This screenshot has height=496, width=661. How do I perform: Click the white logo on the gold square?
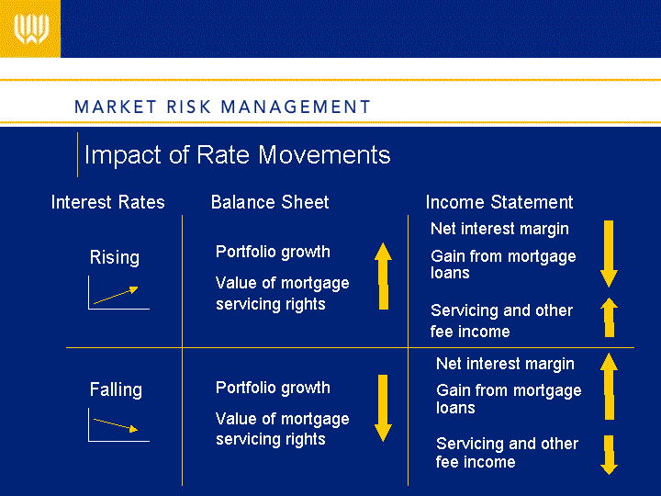pos(31,28)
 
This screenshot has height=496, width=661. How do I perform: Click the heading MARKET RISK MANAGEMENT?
pos(222,107)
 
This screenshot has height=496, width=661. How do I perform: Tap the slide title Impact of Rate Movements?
pos(238,155)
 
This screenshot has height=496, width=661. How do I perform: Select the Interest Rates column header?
pos(108,202)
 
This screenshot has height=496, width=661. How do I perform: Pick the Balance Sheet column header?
pos(270,202)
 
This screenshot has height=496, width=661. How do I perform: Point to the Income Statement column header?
pos(499,202)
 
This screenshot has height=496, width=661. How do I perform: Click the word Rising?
pos(114,257)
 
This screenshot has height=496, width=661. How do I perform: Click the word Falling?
pos(116,389)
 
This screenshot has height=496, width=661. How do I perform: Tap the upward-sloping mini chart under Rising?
pos(118,293)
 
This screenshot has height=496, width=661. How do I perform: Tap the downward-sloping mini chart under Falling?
pos(118,425)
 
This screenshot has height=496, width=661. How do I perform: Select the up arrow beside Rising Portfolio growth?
pos(383,276)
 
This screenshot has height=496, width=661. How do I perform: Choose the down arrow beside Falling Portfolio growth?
pos(383,408)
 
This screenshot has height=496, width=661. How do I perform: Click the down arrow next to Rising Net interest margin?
pos(609,254)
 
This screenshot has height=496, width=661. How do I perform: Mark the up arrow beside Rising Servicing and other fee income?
pos(610,317)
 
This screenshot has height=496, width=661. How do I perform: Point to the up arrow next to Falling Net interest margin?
pos(610,387)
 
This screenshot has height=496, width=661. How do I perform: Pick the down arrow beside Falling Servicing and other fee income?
pos(610,455)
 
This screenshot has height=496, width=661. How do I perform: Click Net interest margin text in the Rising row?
pos(499,229)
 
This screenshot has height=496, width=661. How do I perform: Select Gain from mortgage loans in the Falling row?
pos(509,399)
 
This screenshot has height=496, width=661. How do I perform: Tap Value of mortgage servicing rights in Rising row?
pos(283,294)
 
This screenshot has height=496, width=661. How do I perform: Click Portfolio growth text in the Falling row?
pos(273,388)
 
